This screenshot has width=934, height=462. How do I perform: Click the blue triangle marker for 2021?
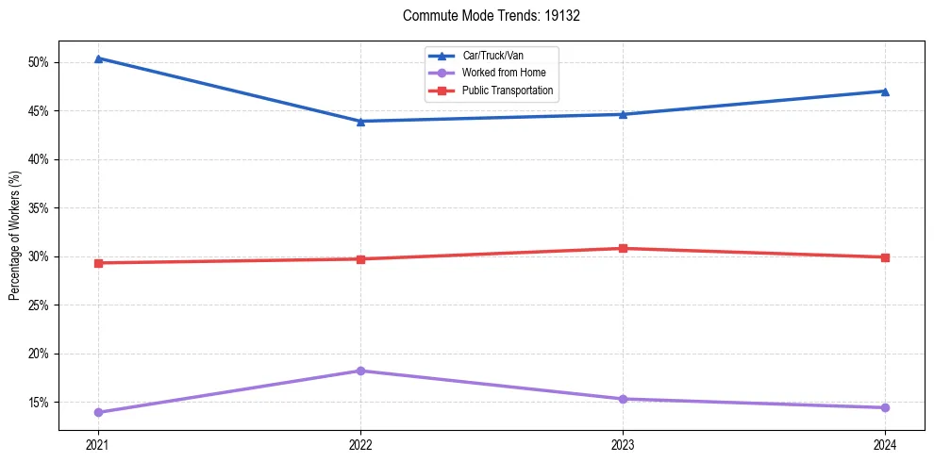tap(98, 58)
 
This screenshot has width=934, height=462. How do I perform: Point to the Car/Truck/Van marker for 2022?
tap(360, 121)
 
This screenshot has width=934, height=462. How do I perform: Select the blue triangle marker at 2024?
tap(885, 91)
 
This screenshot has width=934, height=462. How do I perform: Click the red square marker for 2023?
tap(623, 249)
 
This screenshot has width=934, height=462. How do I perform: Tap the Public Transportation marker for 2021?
tap(98, 263)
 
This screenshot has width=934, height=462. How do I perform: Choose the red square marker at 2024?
tap(885, 257)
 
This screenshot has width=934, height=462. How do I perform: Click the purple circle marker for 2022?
tap(360, 371)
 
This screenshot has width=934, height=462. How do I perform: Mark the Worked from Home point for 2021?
tap(98, 412)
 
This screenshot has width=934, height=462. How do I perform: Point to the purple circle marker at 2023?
tap(623, 399)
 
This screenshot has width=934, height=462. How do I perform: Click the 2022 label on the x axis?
tap(360, 444)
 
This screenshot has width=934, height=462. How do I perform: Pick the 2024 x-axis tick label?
tap(885, 444)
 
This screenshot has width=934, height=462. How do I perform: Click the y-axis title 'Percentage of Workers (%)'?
tap(14, 236)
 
